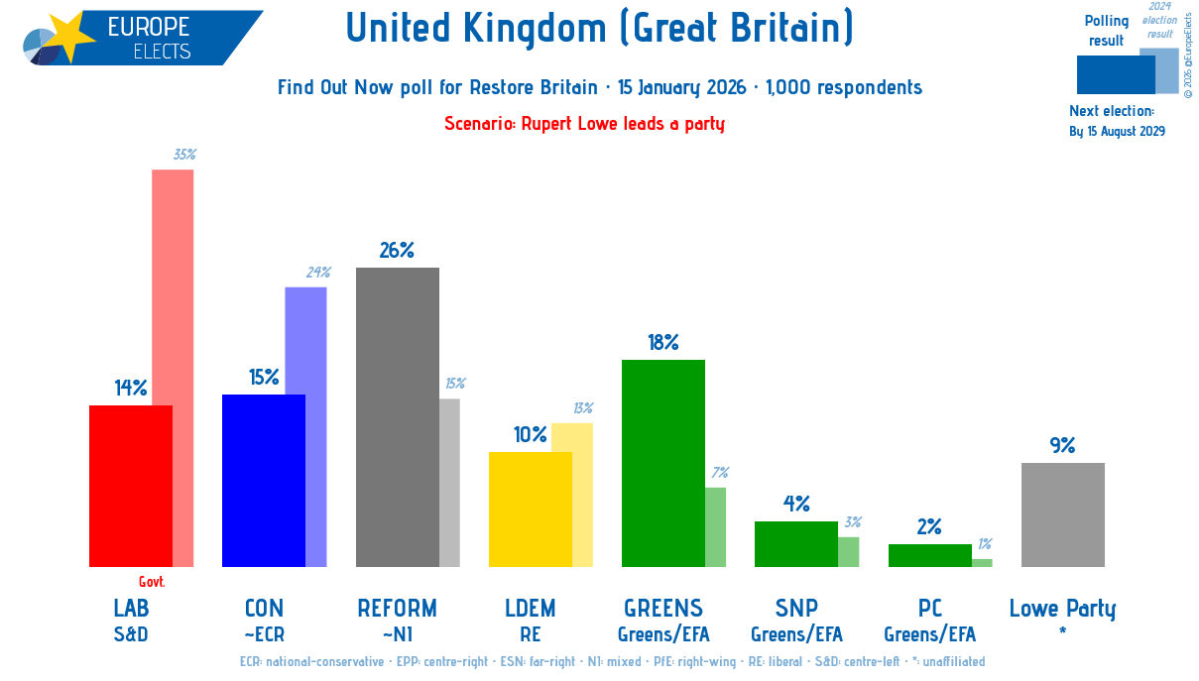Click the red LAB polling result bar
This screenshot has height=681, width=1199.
click(131, 486)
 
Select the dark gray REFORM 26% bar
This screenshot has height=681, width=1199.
click(397, 416)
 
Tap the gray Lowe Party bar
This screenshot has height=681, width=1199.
click(1062, 514)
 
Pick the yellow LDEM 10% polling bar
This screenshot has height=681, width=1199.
click(530, 510)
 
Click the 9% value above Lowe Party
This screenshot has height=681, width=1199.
click(1062, 446)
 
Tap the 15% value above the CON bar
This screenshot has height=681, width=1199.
click(264, 378)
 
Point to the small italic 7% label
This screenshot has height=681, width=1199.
click(720, 473)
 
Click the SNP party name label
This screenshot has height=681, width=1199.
click(796, 608)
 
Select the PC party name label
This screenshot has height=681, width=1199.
click(929, 608)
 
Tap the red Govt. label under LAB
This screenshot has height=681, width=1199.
click(152, 583)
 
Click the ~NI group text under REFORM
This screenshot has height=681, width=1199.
click(397, 634)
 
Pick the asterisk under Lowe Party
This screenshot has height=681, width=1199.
click(1062, 631)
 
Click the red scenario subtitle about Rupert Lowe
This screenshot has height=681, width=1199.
click(584, 124)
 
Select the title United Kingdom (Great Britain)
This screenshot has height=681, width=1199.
click(599, 28)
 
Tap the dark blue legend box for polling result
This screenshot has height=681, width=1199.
click(1116, 74)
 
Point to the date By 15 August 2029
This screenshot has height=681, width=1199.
click(1117, 132)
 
